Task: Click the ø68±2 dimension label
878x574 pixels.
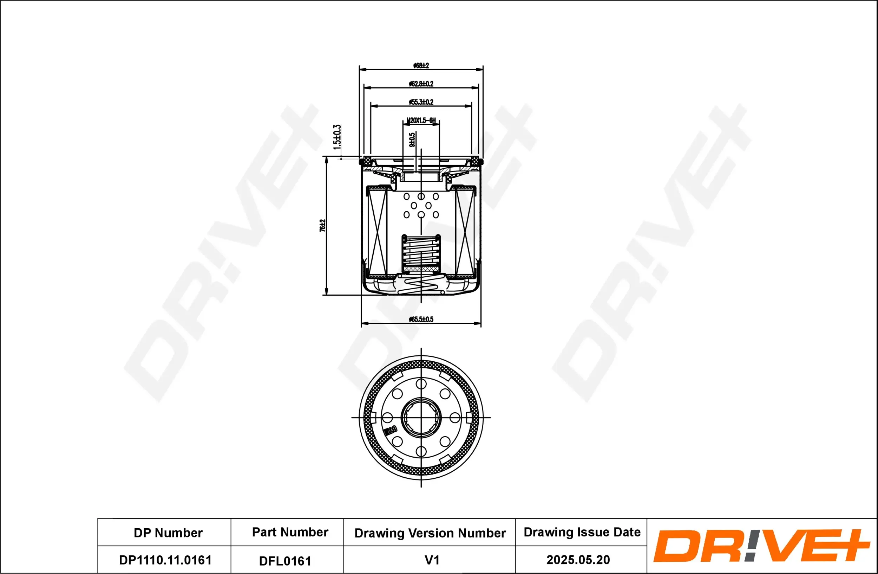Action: (421, 66)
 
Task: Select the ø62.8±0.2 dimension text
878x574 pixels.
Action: (421, 84)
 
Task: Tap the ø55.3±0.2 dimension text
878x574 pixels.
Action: (421, 102)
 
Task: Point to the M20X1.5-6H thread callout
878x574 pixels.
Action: (421, 120)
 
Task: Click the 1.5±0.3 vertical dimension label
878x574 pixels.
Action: (337, 137)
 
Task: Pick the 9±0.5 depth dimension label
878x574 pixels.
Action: (412, 140)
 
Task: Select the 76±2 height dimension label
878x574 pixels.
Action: (322, 226)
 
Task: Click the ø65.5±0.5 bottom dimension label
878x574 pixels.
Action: (421, 319)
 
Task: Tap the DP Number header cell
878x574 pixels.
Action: (168, 533)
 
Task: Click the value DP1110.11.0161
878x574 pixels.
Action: (165, 560)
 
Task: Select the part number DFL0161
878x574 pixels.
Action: (285, 561)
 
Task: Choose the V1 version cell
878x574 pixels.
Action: (432, 560)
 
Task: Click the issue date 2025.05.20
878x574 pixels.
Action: (578, 560)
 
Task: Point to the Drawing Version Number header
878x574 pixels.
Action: (430, 533)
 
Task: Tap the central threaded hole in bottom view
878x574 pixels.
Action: (421, 418)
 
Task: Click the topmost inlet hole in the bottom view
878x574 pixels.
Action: (421, 384)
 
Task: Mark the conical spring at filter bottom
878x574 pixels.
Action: (421, 285)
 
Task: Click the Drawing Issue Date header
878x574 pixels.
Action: (582, 532)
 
